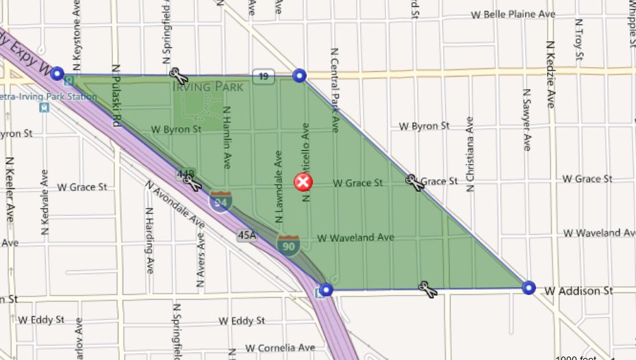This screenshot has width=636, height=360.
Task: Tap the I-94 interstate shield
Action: point(220,201)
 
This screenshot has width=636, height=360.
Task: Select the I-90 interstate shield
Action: point(288,244)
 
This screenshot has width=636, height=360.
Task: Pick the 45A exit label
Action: point(246,235)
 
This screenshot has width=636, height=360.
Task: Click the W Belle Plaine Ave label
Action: point(513,14)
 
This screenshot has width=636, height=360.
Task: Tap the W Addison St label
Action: point(579,291)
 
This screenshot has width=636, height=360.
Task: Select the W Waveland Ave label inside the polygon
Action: point(356,237)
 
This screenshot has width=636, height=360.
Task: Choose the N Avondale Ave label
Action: point(175,204)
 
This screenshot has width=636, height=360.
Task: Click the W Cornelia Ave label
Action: point(280,347)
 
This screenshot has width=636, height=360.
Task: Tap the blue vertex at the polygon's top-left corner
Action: point(58,73)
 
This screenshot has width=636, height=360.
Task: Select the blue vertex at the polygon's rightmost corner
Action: point(528,287)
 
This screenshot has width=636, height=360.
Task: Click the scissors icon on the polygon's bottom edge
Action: point(428,290)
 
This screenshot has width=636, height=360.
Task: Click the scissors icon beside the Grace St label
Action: point(413,181)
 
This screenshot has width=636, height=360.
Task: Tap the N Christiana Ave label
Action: point(470,154)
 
